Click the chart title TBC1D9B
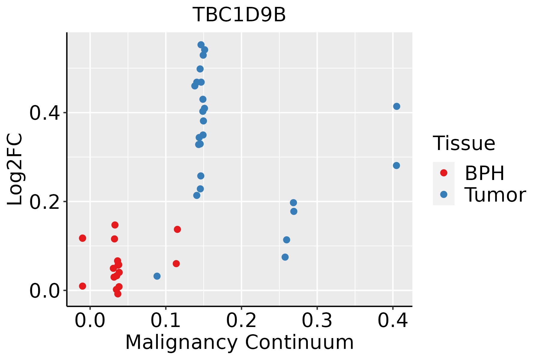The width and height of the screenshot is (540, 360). click(x=239, y=15)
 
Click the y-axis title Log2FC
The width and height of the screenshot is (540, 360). click(x=15, y=169)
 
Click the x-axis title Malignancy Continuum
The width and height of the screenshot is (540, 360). click(x=239, y=342)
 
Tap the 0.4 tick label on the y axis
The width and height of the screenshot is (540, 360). click(x=44, y=113)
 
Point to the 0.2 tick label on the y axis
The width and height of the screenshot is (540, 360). click(x=44, y=202)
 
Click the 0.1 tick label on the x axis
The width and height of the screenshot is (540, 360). click(x=166, y=320)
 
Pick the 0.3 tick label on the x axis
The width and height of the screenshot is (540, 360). click(x=317, y=320)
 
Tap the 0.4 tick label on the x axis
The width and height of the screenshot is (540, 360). click(x=392, y=320)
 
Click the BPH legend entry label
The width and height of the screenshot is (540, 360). click(x=484, y=173)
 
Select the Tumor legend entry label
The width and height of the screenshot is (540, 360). click(x=495, y=195)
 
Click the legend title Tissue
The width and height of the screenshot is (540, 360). click(x=464, y=143)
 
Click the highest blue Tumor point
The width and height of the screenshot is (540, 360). click(x=201, y=45)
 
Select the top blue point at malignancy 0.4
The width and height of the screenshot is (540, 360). click(x=397, y=106)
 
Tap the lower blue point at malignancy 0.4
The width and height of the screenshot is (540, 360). click(x=396, y=166)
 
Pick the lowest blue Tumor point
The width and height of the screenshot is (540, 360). click(x=157, y=276)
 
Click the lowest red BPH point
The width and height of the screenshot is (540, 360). click(x=118, y=294)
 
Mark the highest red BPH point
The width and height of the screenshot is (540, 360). click(x=115, y=225)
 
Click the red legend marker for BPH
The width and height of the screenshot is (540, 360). click(x=443, y=173)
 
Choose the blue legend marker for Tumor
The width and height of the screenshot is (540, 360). click(x=443, y=194)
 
